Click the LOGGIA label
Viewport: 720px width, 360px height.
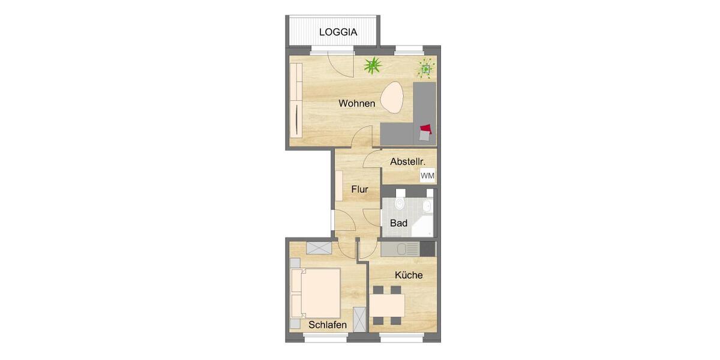tap(338, 32)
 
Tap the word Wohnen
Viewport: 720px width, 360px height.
tap(356, 104)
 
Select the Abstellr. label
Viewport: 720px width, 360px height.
tap(408, 161)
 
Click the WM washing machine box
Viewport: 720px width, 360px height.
tap(428, 175)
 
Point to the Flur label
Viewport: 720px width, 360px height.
tap(359, 190)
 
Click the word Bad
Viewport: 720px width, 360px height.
tap(399, 223)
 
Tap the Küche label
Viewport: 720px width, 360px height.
tap(409, 275)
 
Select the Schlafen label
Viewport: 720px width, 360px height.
tap(328, 325)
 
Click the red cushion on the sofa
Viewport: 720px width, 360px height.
tap(425, 128)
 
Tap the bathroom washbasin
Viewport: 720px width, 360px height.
tap(427, 206)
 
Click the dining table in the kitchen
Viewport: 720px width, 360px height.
tap(387, 305)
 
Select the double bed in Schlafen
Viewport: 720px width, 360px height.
tap(316, 293)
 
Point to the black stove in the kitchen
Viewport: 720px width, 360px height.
tap(428, 248)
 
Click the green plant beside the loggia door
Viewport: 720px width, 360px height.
tap(373, 65)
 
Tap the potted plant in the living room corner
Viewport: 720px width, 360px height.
tap(426, 70)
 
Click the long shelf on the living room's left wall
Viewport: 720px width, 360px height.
tap(295, 101)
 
